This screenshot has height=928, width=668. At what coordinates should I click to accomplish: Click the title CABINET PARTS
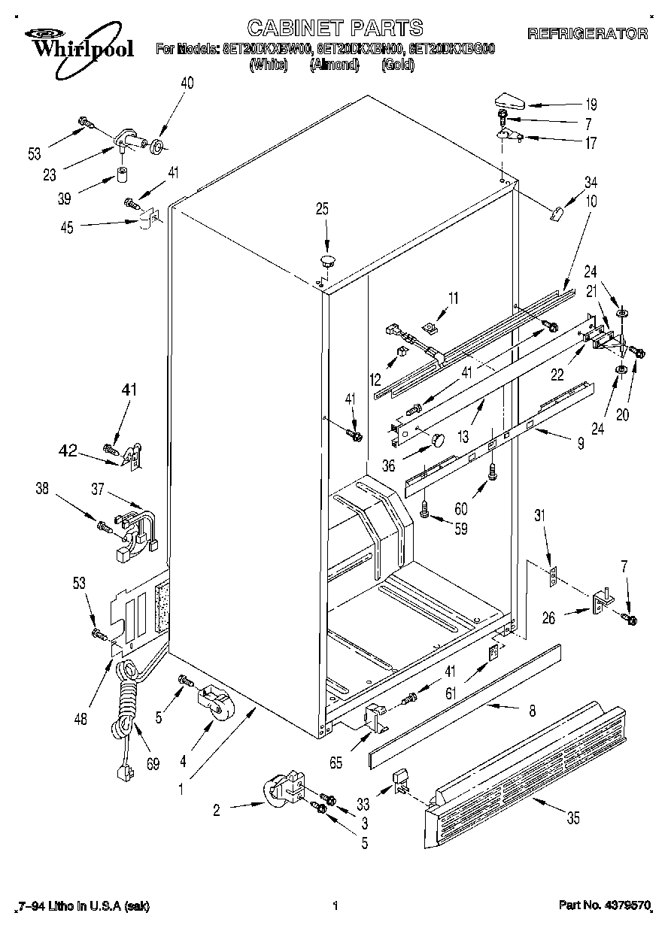tap(335, 28)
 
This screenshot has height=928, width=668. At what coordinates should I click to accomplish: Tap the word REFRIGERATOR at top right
tap(588, 33)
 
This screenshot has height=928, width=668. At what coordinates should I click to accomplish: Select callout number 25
tap(322, 209)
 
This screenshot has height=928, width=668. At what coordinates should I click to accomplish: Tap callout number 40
tap(187, 83)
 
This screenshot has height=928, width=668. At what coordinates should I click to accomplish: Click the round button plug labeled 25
tap(327, 261)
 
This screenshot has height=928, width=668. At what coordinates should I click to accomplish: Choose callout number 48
tap(80, 719)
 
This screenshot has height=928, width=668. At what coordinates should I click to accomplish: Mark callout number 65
tap(336, 763)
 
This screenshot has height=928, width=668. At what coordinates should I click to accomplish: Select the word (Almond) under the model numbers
tap(333, 65)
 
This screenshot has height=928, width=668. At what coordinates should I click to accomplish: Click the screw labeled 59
tap(426, 511)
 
